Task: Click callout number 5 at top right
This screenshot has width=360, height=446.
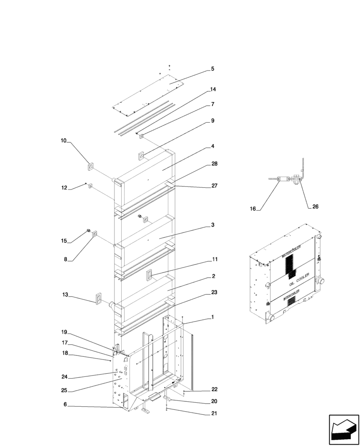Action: tap(213, 69)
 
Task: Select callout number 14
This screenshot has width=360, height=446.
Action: tap(213, 90)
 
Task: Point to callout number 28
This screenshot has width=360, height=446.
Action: tap(214, 165)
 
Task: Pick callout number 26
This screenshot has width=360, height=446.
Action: tap(315, 206)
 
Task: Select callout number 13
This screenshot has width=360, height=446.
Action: tap(65, 294)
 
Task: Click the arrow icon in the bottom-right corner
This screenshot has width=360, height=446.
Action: tap(343, 429)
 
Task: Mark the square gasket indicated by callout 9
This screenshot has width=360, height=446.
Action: tap(141, 156)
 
